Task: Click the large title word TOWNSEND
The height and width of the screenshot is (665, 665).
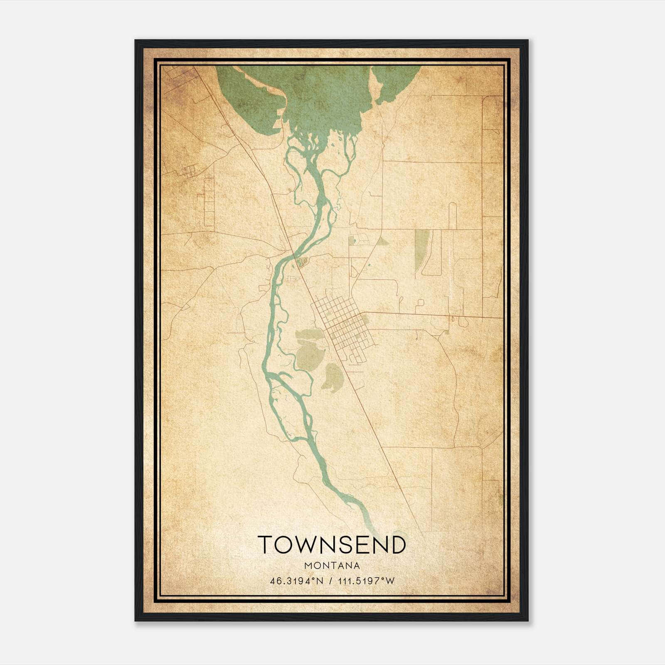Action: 332,544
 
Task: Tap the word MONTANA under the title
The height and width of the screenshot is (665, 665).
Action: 332,566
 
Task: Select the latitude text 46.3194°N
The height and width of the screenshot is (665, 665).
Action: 296,581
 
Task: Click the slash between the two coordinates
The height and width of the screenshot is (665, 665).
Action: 330,581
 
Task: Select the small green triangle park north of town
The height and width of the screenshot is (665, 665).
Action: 382,241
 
